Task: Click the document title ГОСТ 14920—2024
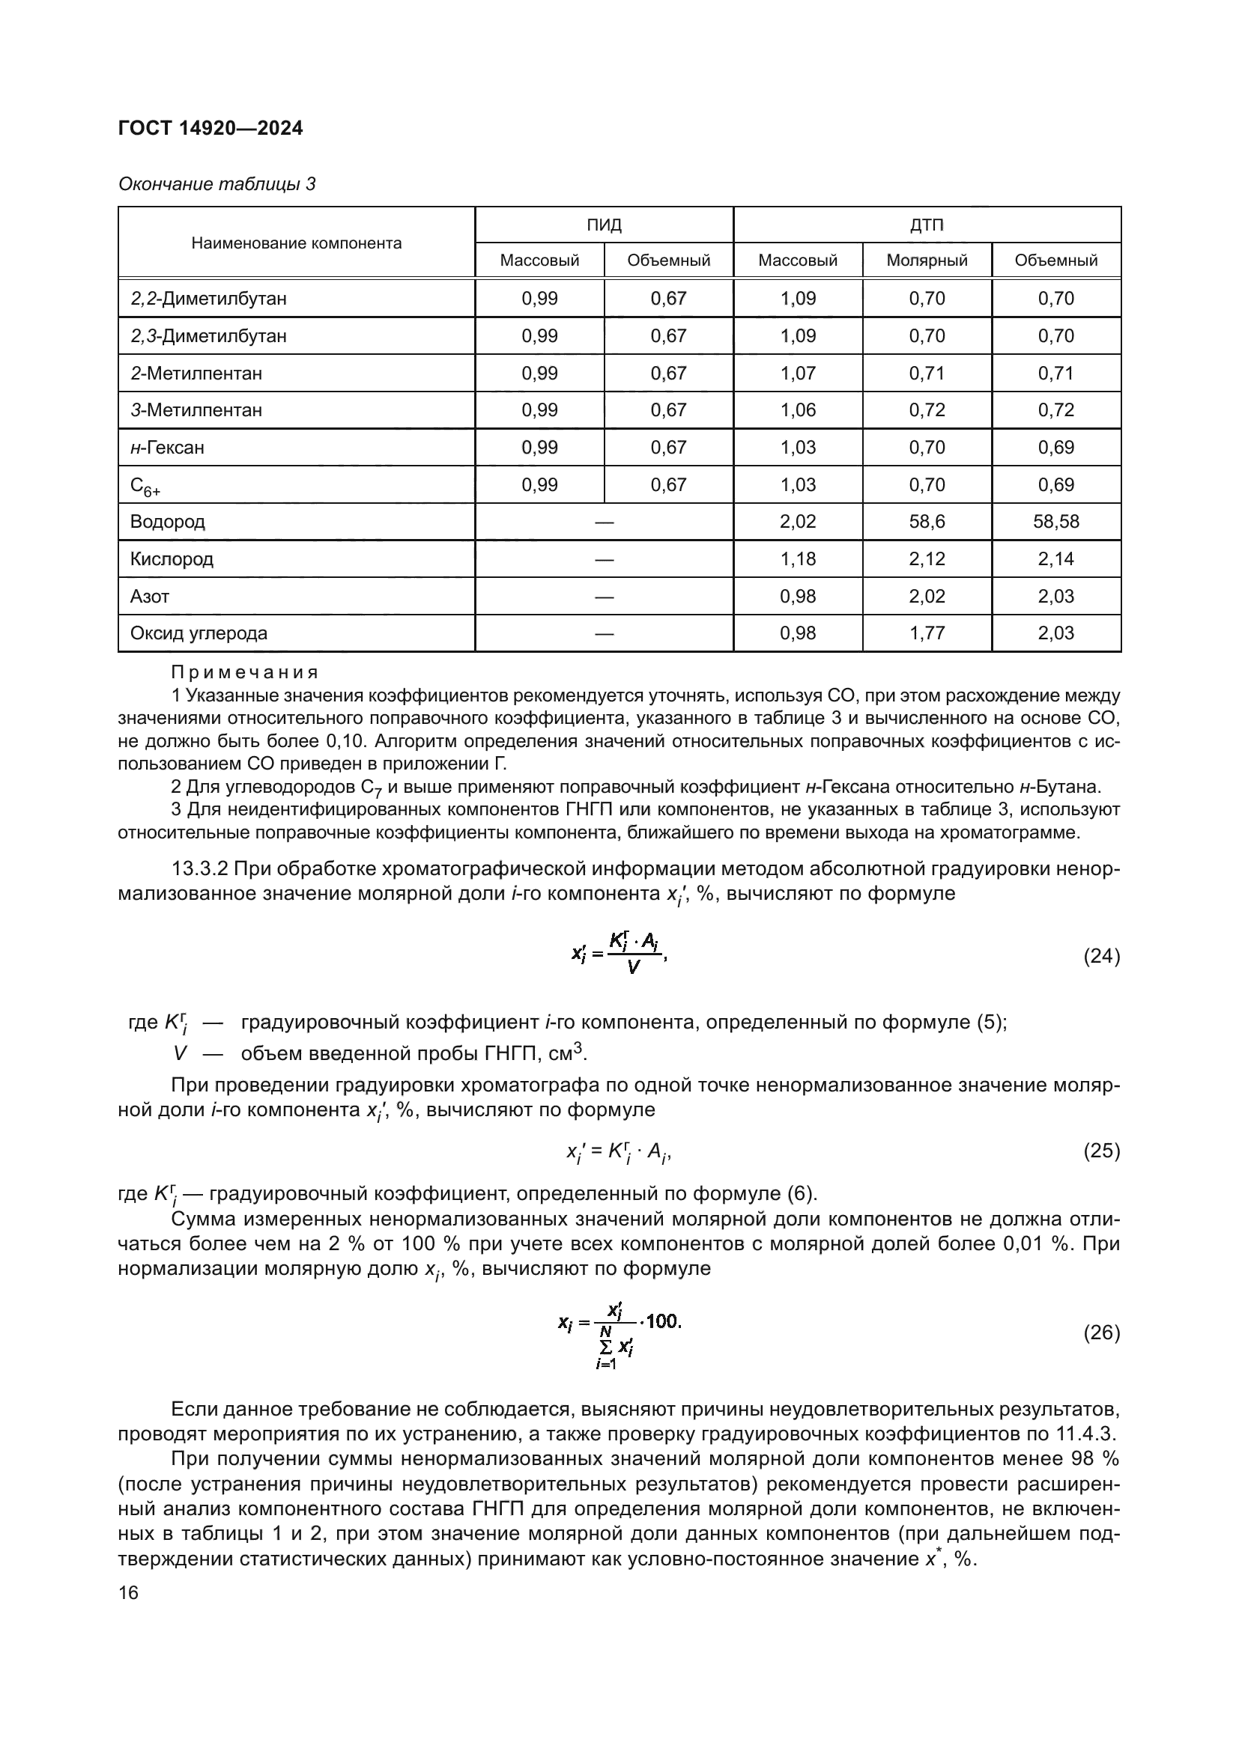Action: pyautogui.click(x=210, y=128)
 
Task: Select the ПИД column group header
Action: pyautogui.click(x=604, y=225)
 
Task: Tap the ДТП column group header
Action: pyautogui.click(x=926, y=225)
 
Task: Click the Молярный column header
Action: pyautogui.click(x=926, y=260)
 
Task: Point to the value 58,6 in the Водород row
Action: pyautogui.click(x=926, y=522)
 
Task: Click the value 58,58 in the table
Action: pyautogui.click(x=1056, y=522)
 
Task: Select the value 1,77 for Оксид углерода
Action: pyautogui.click(x=926, y=633)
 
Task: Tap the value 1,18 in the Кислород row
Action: pyautogui.click(x=797, y=559)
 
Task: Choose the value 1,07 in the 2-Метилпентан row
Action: pyautogui.click(x=797, y=373)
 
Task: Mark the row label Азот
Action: pyautogui.click(x=150, y=597)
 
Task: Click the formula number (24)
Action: pyautogui.click(x=1101, y=956)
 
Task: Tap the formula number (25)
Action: pyautogui.click(x=1101, y=1151)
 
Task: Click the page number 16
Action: pyautogui.click(x=128, y=1592)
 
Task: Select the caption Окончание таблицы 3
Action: pyautogui.click(x=216, y=184)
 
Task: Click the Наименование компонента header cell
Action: pyautogui.click(x=296, y=243)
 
